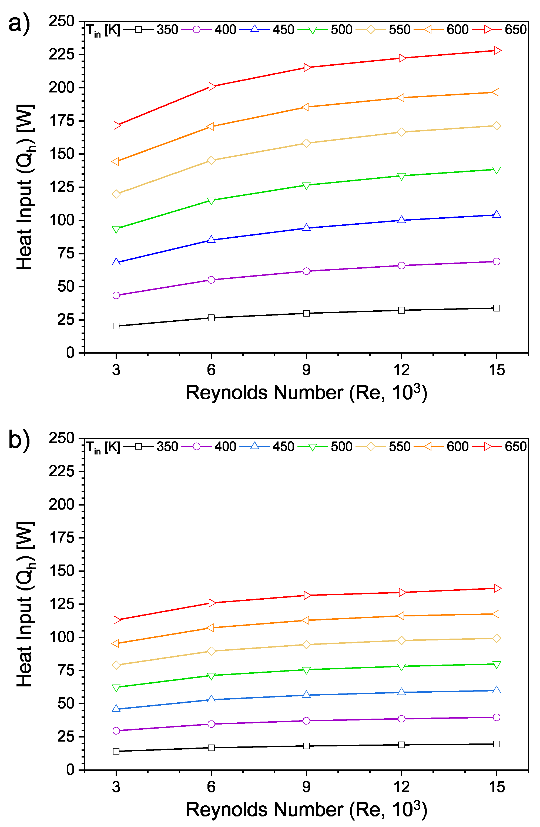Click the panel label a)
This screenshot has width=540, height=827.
point(19,24)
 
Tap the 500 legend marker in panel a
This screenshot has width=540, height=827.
point(313,30)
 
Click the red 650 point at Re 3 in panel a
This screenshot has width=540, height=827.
point(117,125)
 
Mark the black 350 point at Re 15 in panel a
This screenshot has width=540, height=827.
point(497,308)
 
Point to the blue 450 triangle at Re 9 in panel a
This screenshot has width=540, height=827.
point(306,228)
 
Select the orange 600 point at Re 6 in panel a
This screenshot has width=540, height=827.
point(210,127)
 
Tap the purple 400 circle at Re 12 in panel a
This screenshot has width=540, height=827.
point(401,265)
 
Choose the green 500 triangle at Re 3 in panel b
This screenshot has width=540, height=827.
point(116,688)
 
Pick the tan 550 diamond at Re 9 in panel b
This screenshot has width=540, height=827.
point(306,645)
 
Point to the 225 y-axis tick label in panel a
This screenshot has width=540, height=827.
point(62,55)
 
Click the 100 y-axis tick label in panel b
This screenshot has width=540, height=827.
point(62,637)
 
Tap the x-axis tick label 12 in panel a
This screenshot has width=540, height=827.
point(401,370)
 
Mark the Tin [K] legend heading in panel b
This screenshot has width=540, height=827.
point(103,447)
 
